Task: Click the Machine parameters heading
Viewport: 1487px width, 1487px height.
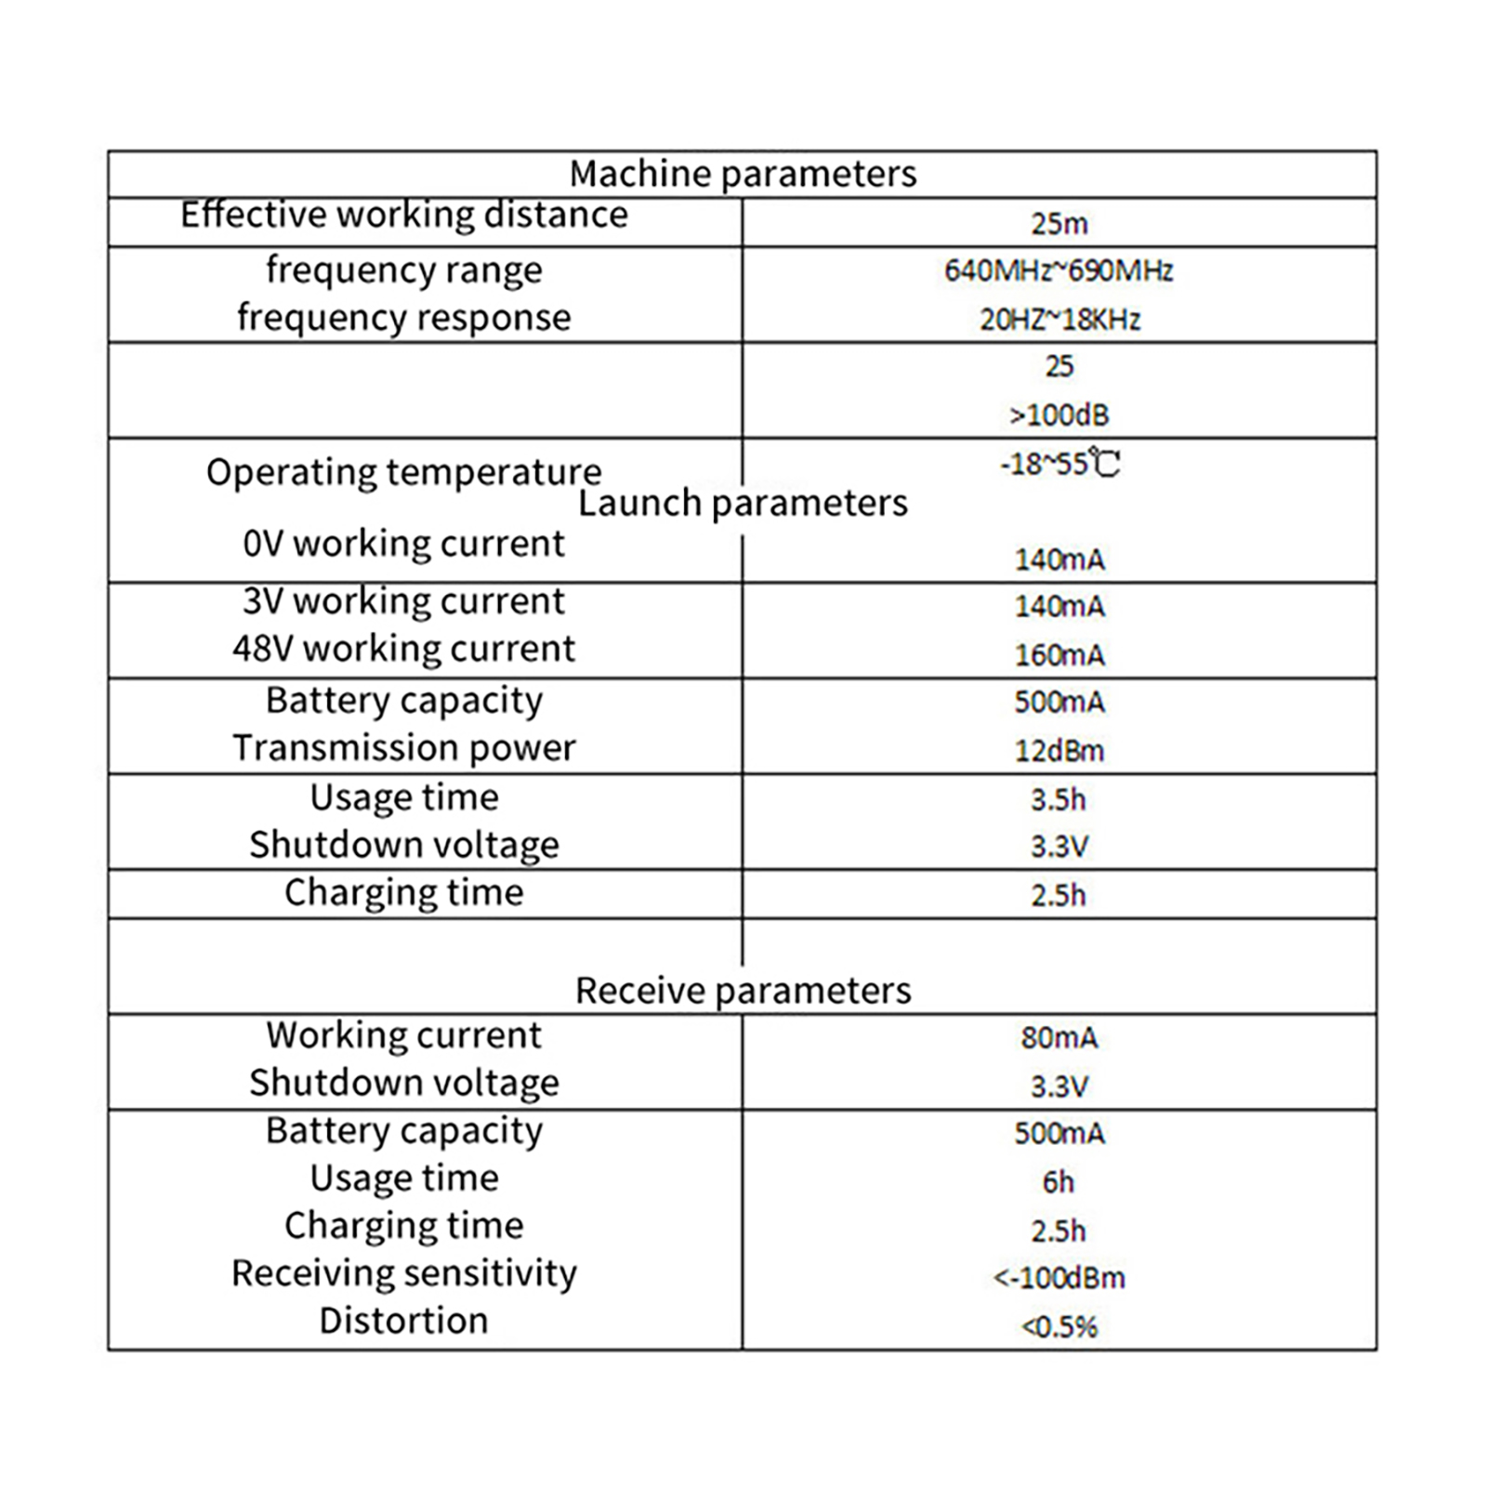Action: tap(743, 174)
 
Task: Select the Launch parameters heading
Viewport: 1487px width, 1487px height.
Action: tap(743, 503)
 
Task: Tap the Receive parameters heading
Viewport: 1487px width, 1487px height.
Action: tap(743, 991)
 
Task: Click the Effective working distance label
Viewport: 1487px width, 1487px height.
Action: tap(404, 215)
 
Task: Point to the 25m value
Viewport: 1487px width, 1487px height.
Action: tap(1059, 224)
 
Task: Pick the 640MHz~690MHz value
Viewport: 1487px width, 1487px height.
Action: tap(1059, 270)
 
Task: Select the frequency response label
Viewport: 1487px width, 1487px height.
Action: tap(404, 318)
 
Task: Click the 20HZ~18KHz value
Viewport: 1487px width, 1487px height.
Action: tap(1059, 320)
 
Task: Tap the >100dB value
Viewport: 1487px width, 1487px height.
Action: tap(1059, 415)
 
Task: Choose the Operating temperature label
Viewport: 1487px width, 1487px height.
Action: tap(404, 472)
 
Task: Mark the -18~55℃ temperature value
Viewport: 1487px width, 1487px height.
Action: tap(1059, 463)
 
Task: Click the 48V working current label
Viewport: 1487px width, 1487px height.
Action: tap(404, 649)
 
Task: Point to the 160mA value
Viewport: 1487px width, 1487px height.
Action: tap(1059, 655)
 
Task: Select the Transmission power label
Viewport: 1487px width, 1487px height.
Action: tap(404, 748)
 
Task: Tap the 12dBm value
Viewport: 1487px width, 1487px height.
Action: tap(1059, 751)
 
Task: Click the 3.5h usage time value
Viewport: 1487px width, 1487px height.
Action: tap(1059, 799)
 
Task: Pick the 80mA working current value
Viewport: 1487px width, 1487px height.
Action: tap(1059, 1037)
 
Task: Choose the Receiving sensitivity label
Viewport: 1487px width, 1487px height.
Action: tap(404, 1273)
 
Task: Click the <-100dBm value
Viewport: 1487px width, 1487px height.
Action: tap(1059, 1278)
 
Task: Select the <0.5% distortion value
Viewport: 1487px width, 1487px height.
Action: tap(1059, 1326)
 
